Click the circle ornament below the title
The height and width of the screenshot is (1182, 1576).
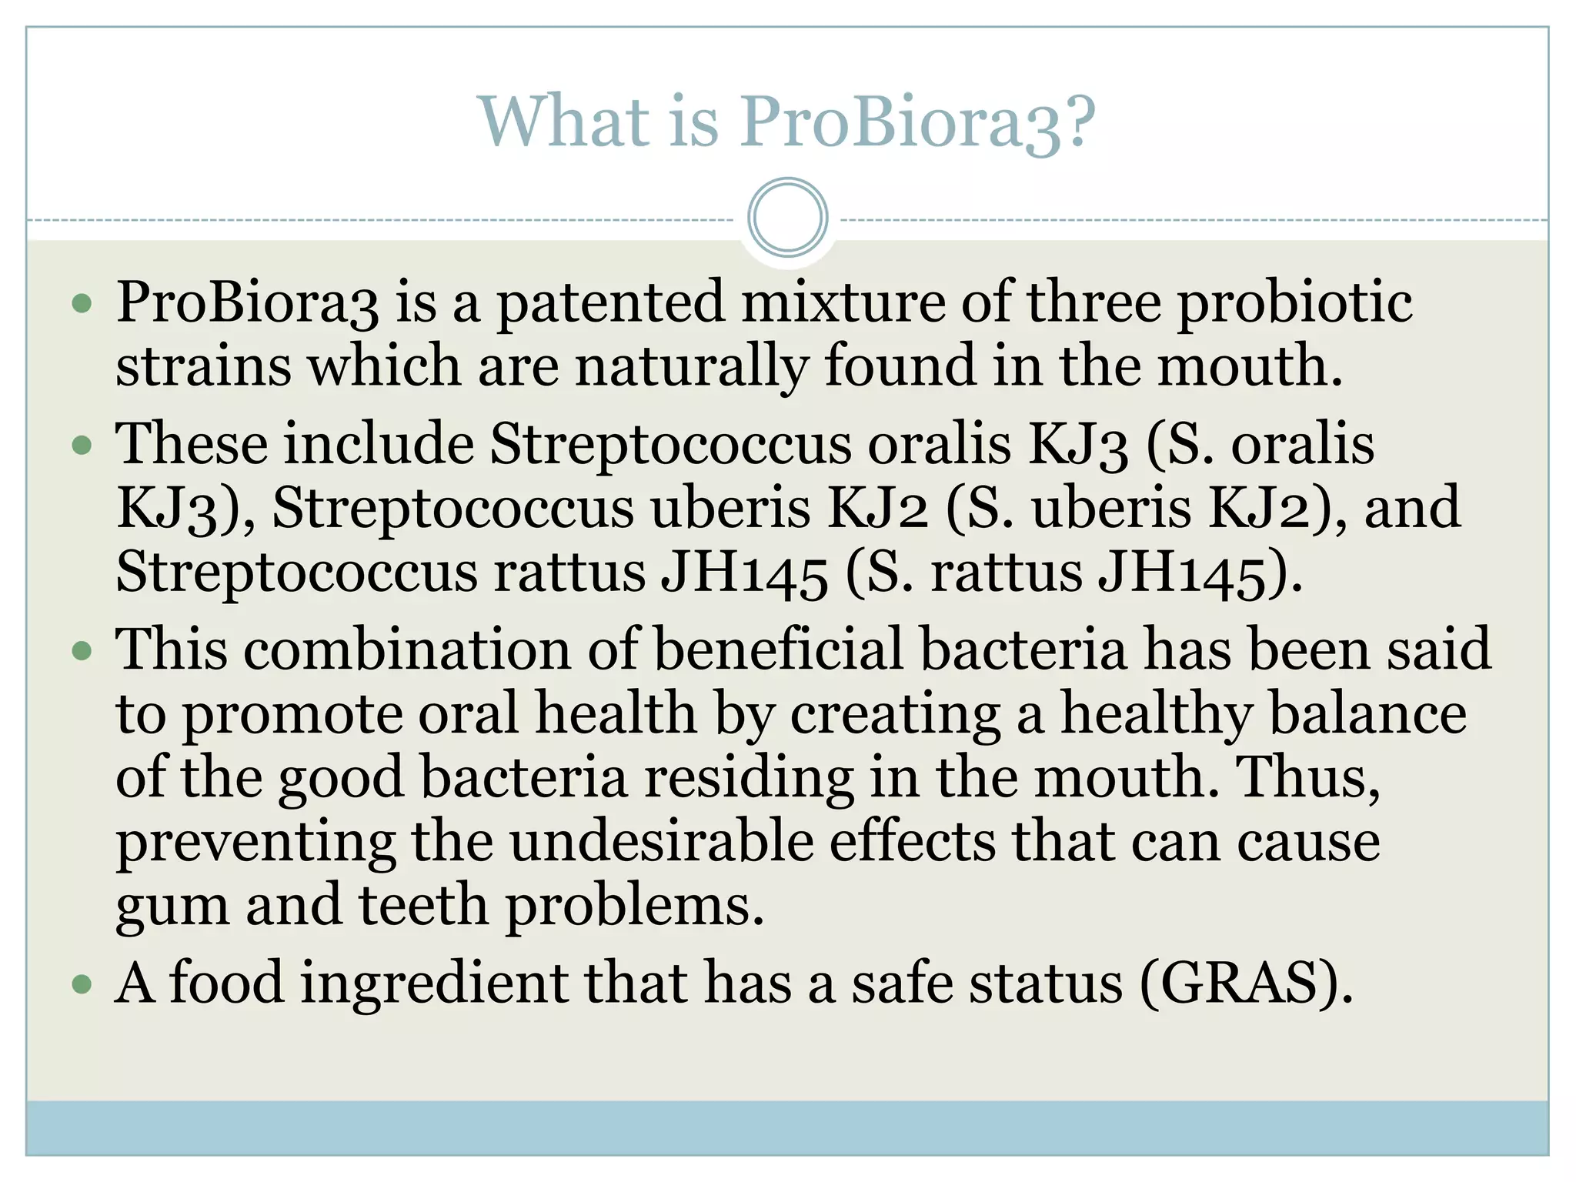787,218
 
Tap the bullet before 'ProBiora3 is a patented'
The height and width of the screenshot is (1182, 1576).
82,304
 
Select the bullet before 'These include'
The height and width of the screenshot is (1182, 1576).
82,446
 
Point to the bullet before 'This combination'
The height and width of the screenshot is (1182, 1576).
82,652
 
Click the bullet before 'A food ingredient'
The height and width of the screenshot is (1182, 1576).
82,984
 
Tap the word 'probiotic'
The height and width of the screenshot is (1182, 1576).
1295,302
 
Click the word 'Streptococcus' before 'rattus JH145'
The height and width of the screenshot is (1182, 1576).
296,573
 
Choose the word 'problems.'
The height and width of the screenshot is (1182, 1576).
635,906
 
